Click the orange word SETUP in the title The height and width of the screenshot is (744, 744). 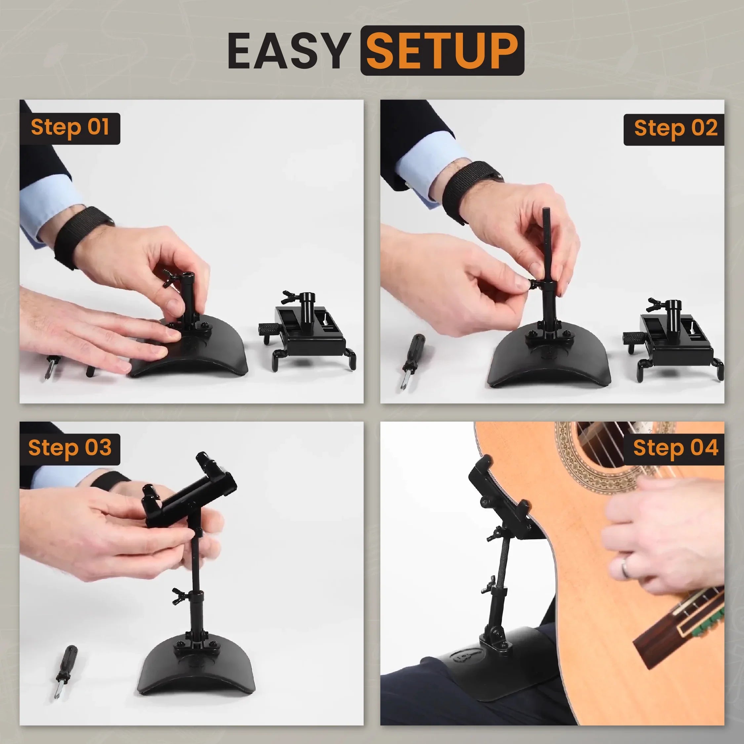click(x=442, y=51)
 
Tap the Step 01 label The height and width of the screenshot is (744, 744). click(x=70, y=128)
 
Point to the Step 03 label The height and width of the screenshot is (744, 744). click(x=70, y=449)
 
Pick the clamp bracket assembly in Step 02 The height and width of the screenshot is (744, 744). click(x=672, y=339)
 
